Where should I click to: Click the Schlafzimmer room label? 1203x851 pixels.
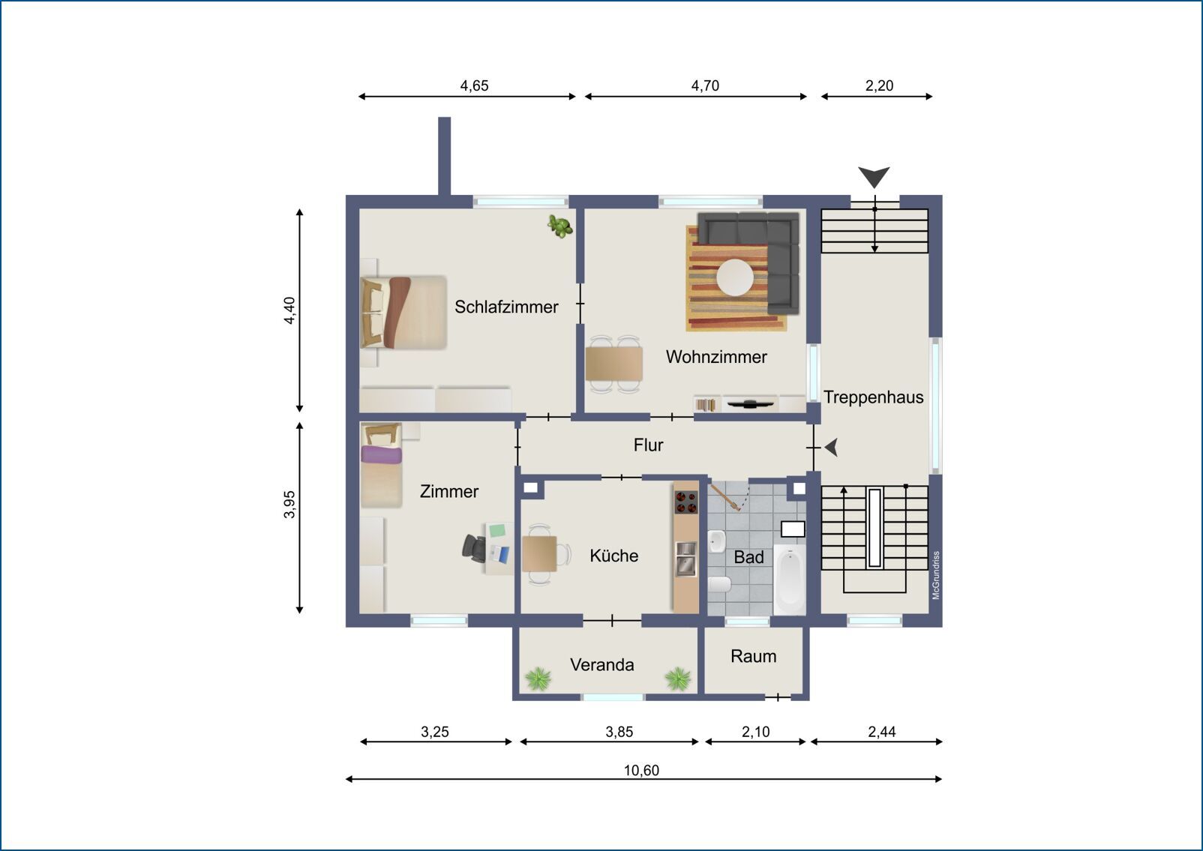point(506,307)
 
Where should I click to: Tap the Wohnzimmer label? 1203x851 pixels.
point(716,356)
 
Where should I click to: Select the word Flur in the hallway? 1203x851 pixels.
point(648,445)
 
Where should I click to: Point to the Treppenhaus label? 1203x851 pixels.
point(874,397)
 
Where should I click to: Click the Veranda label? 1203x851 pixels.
point(602,665)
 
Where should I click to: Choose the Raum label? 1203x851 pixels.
point(754,656)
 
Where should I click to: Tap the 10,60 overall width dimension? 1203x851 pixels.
point(641,770)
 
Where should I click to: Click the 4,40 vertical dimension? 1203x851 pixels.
point(289,310)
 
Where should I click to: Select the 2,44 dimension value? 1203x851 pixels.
point(882,731)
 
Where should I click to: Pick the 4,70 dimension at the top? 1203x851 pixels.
point(705,85)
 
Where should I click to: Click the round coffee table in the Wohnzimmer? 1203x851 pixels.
point(735,277)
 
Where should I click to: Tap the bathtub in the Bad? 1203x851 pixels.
point(790,580)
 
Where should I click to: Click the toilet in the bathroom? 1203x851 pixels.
point(720,584)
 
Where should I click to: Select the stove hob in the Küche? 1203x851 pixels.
point(685,502)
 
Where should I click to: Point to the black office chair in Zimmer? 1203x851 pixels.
point(474,548)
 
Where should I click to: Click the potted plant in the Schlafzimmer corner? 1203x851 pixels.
point(560,226)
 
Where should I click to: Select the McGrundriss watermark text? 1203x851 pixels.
point(936,575)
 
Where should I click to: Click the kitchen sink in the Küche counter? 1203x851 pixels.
point(685,558)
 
